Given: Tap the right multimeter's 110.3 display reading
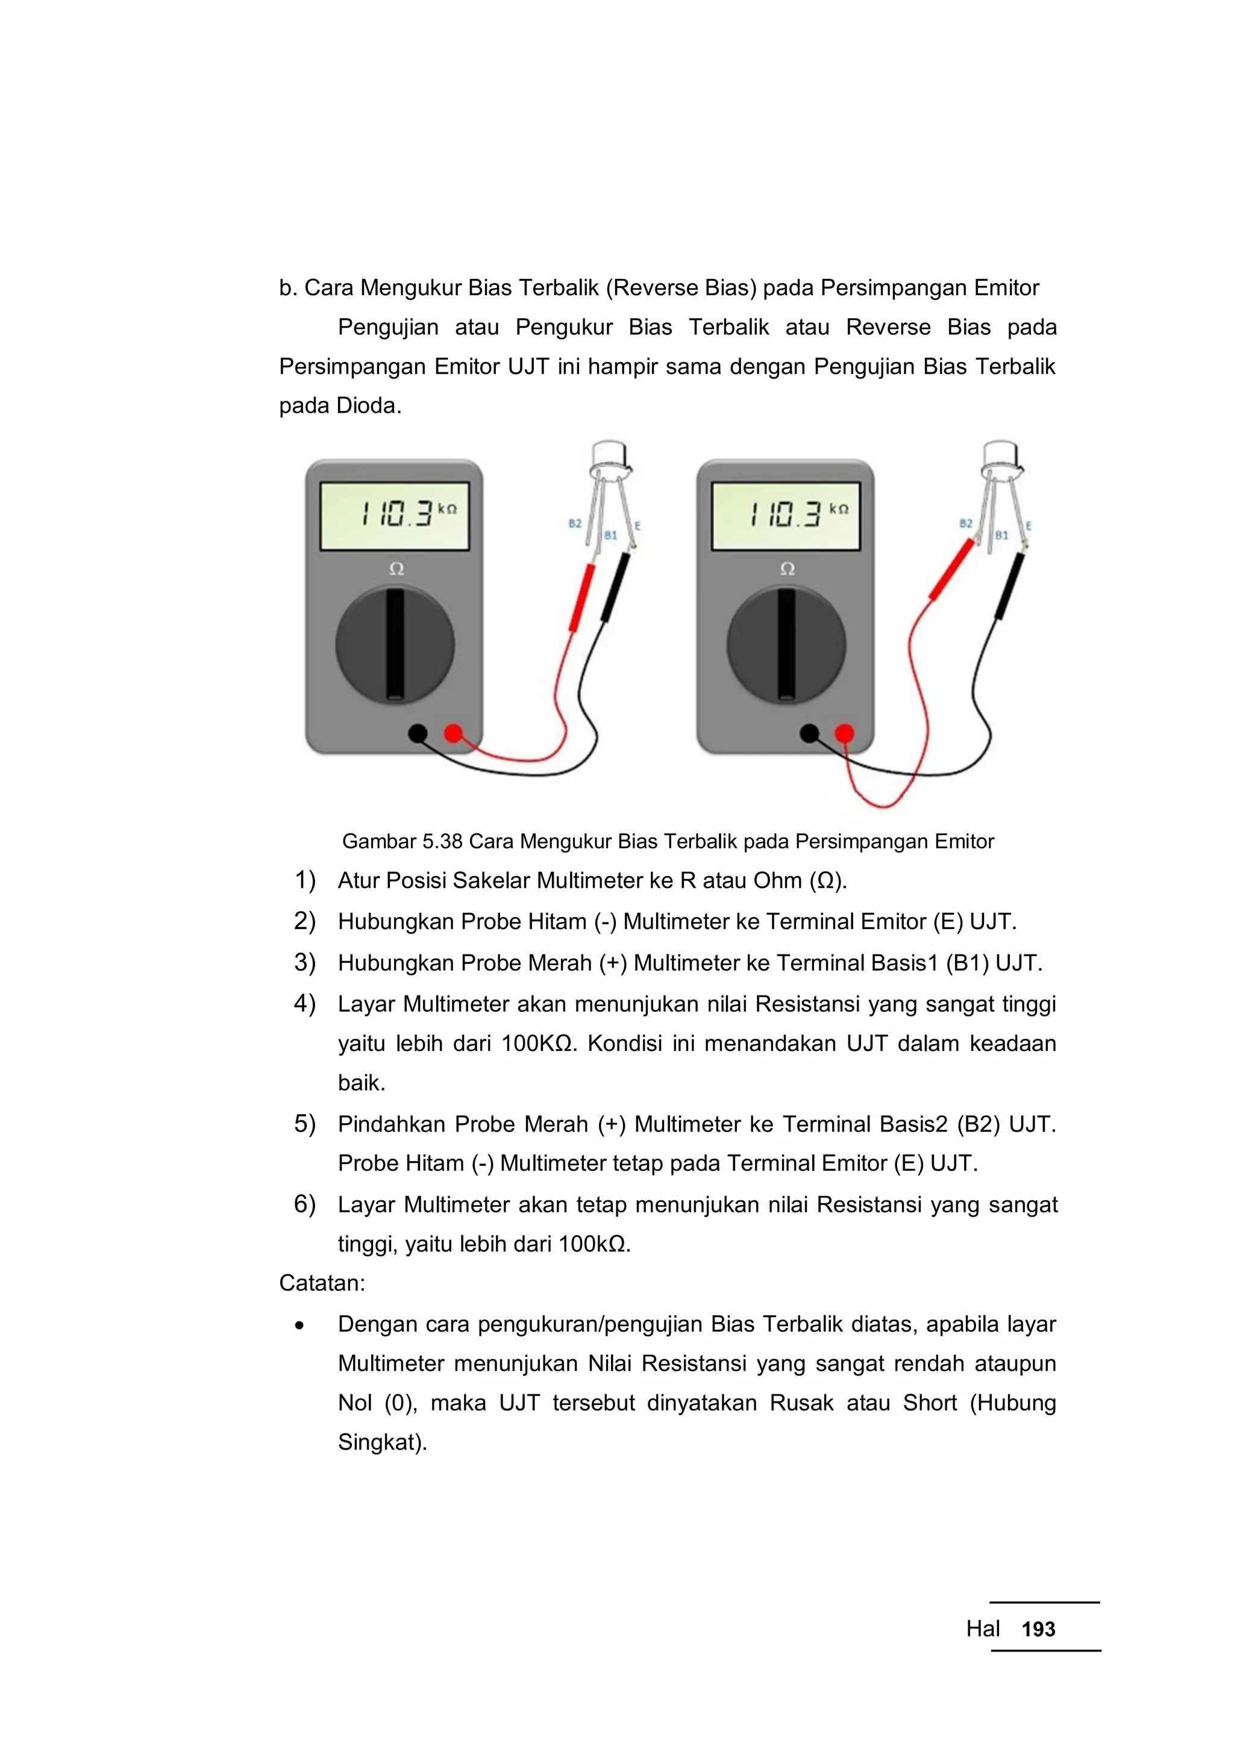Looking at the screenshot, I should tap(787, 515).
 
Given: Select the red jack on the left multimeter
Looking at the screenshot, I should tap(453, 733).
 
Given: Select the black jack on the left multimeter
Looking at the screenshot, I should tap(418, 733).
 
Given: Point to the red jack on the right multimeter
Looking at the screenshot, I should tap(844, 733).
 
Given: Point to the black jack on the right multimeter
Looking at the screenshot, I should tap(809, 733).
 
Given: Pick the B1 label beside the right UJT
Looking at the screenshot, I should tap(1001, 535).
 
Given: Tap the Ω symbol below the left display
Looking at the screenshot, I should tap(396, 568).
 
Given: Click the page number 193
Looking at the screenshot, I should tap(1038, 1629).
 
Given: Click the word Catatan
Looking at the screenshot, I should tap(321, 1283).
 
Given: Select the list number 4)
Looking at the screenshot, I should tap(305, 1003).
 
